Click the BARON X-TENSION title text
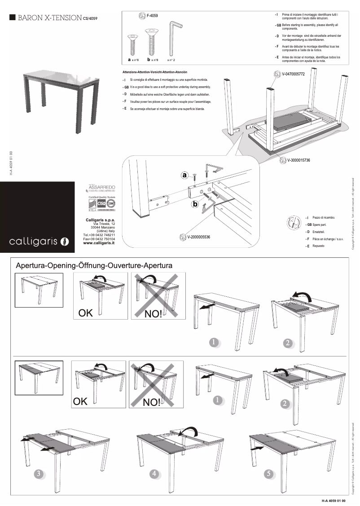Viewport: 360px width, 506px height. [49, 18]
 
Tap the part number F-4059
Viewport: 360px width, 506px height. [152, 16]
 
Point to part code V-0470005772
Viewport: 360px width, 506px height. [293, 74]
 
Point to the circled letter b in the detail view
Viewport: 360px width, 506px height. [194, 205]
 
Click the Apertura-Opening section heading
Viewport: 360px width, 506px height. [94, 265]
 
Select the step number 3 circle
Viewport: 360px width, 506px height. [39, 474]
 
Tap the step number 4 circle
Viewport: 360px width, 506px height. [154, 473]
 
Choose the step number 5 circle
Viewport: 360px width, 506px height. [269, 473]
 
